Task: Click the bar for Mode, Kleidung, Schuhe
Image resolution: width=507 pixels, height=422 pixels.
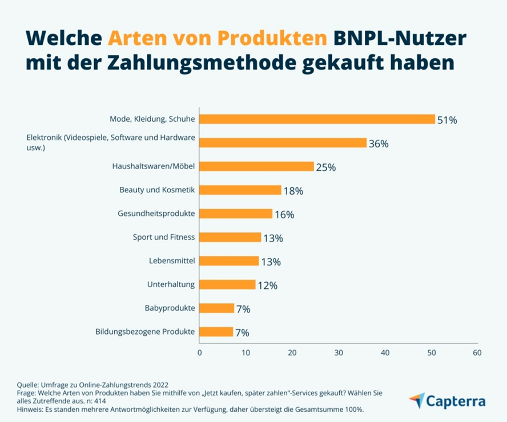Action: (317, 119)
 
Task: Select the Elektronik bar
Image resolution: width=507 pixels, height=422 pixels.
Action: (283, 143)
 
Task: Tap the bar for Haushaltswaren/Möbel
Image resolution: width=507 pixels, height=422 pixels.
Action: (256, 166)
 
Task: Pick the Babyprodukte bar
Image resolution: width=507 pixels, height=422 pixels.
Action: (216, 308)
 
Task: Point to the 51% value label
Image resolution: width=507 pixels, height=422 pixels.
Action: (447, 120)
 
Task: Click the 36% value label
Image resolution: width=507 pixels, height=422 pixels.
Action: (379, 144)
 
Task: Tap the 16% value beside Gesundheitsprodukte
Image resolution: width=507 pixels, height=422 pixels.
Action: (284, 215)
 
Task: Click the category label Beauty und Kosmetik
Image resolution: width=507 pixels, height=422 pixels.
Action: (157, 190)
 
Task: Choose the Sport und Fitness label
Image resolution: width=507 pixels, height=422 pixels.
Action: (164, 237)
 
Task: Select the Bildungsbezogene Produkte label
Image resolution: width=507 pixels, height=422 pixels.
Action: (145, 331)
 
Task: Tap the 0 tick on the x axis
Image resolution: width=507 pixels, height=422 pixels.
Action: (199, 353)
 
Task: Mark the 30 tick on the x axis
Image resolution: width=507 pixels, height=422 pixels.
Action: (338, 353)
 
